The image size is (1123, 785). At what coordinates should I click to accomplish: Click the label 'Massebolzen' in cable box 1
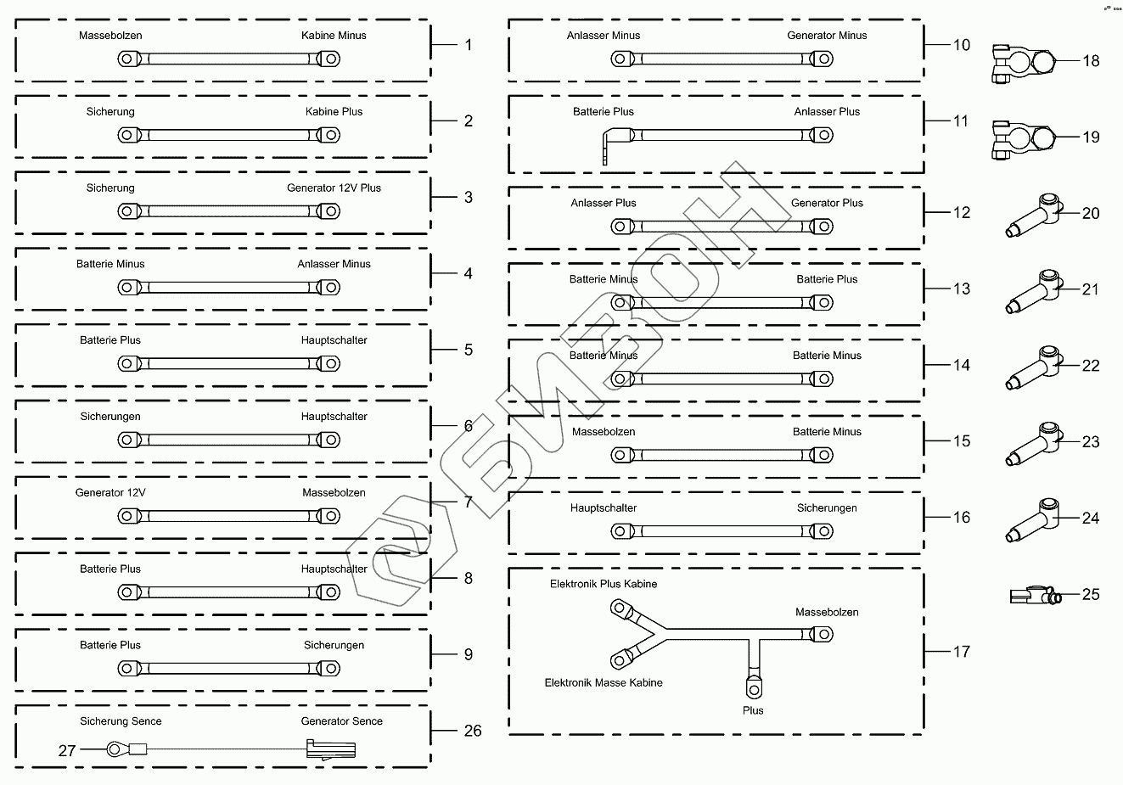(110, 36)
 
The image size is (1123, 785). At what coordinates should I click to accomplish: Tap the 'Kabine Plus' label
(334, 112)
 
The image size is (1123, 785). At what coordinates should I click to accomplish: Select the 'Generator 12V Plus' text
(334, 188)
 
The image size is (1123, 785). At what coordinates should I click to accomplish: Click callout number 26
(473, 730)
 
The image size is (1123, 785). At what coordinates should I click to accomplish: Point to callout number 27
(67, 750)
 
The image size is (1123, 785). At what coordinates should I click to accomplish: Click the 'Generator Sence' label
(341, 721)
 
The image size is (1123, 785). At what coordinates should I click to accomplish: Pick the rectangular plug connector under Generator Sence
(330, 749)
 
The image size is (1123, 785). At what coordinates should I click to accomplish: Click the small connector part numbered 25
(1033, 596)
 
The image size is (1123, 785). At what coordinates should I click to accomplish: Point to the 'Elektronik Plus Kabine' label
(603, 584)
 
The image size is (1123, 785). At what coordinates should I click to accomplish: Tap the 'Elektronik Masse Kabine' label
(603, 682)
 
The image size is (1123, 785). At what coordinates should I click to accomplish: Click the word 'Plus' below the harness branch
(753, 710)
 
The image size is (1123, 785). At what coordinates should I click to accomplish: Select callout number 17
(961, 652)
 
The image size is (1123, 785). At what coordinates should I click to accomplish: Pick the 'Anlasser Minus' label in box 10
(603, 36)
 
